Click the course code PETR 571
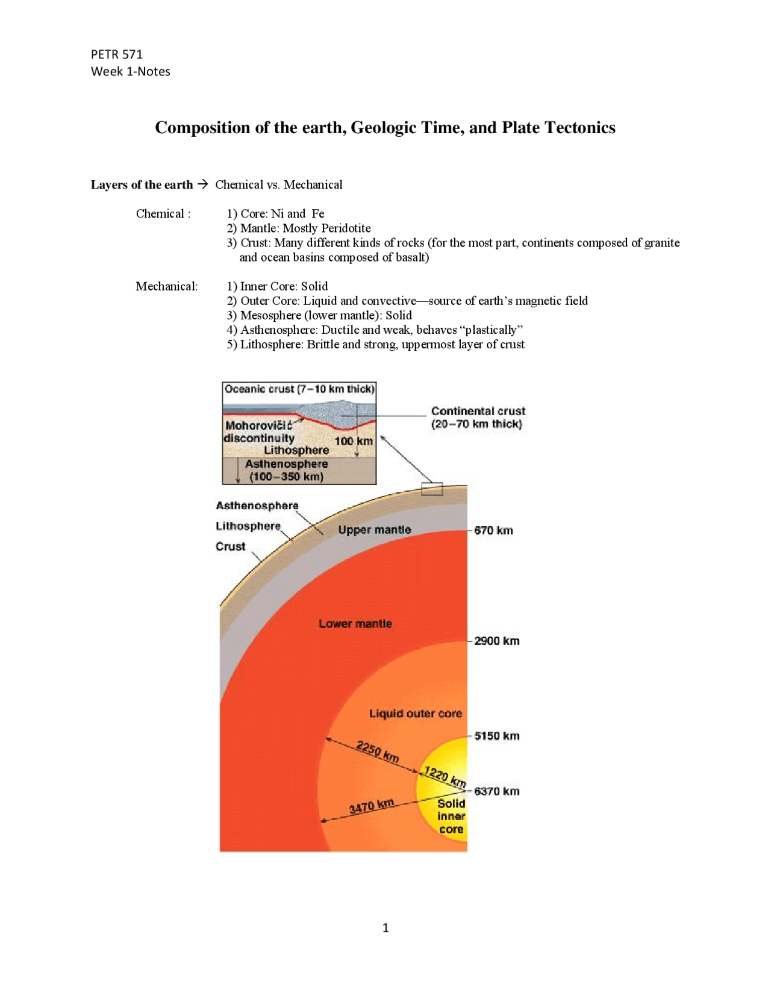point(117,54)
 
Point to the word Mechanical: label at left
point(167,286)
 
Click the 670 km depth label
point(493,530)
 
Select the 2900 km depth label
point(496,641)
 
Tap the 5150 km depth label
point(496,736)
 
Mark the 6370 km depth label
point(496,791)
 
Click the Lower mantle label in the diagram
point(355,624)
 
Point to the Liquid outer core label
point(416,714)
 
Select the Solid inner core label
point(451,816)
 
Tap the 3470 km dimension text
point(372,806)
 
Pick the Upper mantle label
point(375,530)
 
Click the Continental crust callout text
point(478,417)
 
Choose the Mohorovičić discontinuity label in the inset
point(259,432)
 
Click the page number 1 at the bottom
point(385,928)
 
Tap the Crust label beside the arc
point(231,547)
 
